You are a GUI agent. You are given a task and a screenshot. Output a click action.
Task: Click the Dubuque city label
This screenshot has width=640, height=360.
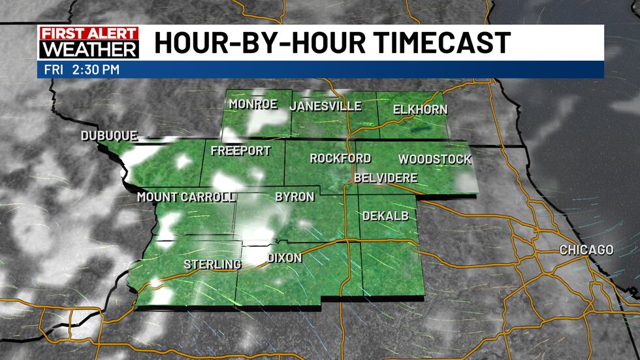109,136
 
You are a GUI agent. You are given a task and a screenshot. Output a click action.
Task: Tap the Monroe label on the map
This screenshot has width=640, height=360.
253,105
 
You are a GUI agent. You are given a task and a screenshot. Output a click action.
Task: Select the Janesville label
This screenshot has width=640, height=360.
325,106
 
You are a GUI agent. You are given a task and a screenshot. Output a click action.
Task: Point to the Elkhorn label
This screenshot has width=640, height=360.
421,109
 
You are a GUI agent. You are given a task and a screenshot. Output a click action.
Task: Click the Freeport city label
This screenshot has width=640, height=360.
240,151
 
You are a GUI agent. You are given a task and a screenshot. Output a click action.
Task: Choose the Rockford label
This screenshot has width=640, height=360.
340,158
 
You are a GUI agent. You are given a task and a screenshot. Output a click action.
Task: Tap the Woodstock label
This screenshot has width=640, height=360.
434,159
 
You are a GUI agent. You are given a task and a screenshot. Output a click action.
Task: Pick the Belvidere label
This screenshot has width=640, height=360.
385,178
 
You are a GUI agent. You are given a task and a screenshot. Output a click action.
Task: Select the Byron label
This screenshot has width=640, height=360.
295,197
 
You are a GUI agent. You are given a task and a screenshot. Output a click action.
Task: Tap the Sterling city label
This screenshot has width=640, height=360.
212,264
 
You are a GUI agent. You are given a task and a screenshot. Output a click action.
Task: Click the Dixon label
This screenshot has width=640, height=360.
285,258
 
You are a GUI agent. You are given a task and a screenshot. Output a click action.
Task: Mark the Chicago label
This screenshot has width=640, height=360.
586,250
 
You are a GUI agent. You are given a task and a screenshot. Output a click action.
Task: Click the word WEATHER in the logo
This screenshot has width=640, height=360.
88,50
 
